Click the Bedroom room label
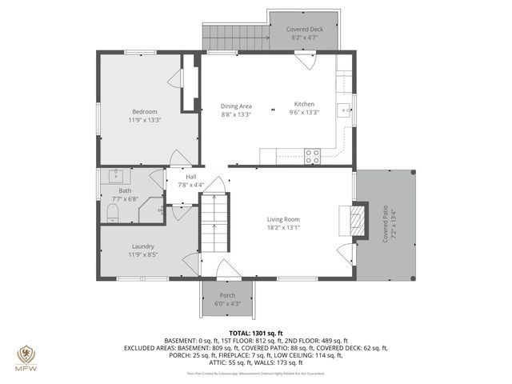145,111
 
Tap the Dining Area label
236,106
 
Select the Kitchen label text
304,105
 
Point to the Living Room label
283,219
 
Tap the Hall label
191,177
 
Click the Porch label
228,296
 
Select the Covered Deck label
304,30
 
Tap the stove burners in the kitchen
311,157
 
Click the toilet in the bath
112,211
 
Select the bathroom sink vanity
116,174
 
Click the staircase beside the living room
214,221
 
